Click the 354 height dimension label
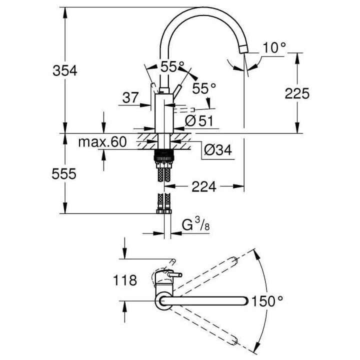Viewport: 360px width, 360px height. pyautogui.click(x=65, y=71)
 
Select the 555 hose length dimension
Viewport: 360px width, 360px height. pyautogui.click(x=65, y=173)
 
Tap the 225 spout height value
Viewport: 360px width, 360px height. pyautogui.click(x=297, y=93)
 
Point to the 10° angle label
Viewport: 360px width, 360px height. pyautogui.click(x=274, y=48)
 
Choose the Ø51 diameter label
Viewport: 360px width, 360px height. pyautogui.click(x=199, y=120)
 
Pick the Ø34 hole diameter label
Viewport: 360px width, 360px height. pyautogui.click(x=217, y=149)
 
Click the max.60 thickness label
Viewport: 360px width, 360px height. pyautogui.click(x=102, y=142)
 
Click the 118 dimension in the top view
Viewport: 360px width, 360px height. pyautogui.click(x=124, y=280)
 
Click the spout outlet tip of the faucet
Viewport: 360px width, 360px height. pyautogui.click(x=243, y=48)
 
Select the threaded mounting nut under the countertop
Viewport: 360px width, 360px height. pyautogui.click(x=164, y=156)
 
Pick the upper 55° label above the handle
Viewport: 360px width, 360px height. pyautogui.click(x=172, y=65)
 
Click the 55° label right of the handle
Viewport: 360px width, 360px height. pyautogui.click(x=204, y=88)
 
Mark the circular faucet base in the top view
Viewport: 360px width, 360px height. pyautogui.click(x=164, y=300)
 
